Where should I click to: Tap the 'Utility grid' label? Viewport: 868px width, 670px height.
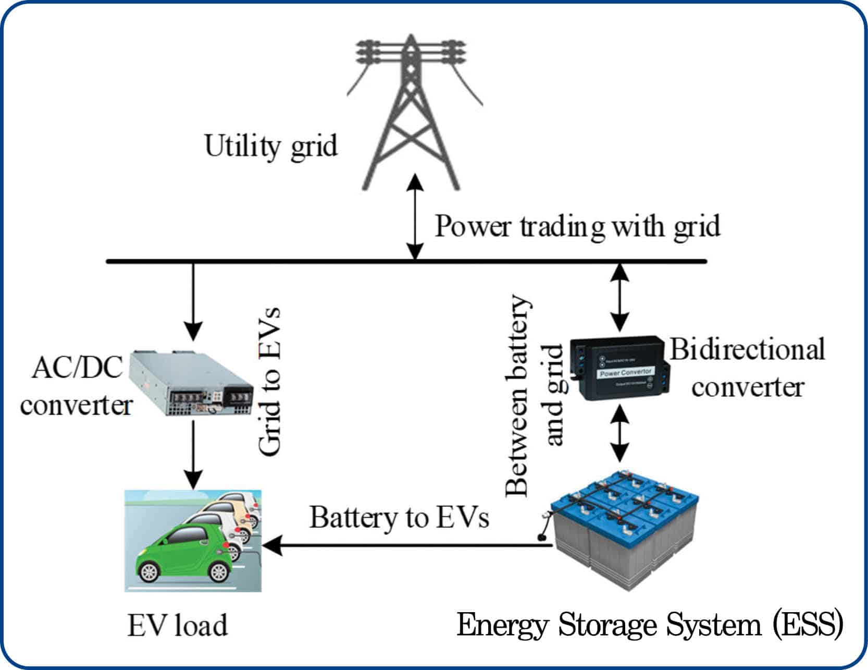click(x=271, y=146)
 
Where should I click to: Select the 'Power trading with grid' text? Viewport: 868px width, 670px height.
click(x=577, y=227)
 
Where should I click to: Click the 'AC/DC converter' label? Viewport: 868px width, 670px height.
click(x=77, y=386)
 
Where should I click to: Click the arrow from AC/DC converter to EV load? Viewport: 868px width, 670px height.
click(x=193, y=454)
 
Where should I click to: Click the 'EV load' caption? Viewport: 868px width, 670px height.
click(x=178, y=625)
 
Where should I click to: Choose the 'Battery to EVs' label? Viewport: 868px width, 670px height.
click(x=399, y=518)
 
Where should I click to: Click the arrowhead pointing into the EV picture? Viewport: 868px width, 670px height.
click(x=272, y=546)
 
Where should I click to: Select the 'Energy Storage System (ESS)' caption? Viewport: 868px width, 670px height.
click(x=649, y=625)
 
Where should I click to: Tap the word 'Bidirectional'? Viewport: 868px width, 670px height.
click(x=747, y=349)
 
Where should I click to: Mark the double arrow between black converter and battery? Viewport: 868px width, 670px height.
click(x=619, y=433)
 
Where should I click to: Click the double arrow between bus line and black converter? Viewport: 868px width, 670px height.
click(x=619, y=297)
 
